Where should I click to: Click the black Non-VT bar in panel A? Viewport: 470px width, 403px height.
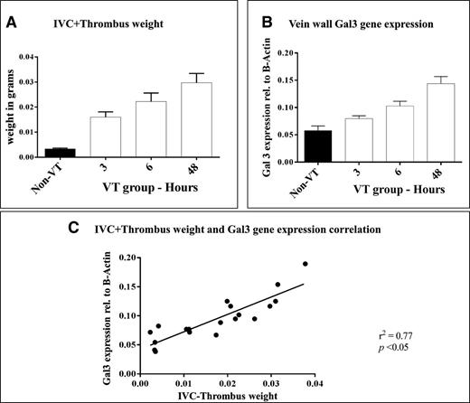pos(59,153)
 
